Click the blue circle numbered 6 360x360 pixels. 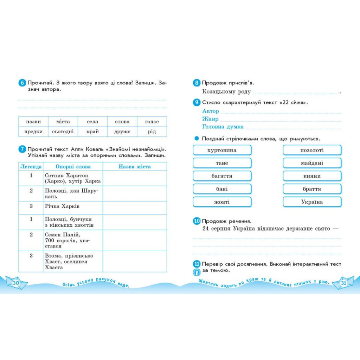(x=22, y=83)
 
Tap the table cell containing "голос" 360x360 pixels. (x=152, y=122)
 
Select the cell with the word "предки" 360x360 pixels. (x=33, y=131)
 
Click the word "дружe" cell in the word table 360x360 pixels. (x=122, y=131)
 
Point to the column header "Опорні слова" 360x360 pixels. (x=73, y=167)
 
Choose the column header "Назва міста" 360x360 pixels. (x=135, y=167)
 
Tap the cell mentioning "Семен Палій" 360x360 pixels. (x=73, y=240)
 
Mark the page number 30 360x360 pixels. (x=16, y=283)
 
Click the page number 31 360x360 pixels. (x=343, y=283)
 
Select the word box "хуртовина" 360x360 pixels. (x=222, y=150)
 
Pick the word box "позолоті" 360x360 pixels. (x=312, y=150)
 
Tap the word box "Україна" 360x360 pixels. (x=312, y=202)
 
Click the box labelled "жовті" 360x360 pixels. (x=222, y=202)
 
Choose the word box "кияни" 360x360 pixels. (x=312, y=176)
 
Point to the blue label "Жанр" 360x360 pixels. (x=210, y=119)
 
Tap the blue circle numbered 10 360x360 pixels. (x=197, y=221)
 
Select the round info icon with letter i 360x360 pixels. (x=197, y=272)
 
